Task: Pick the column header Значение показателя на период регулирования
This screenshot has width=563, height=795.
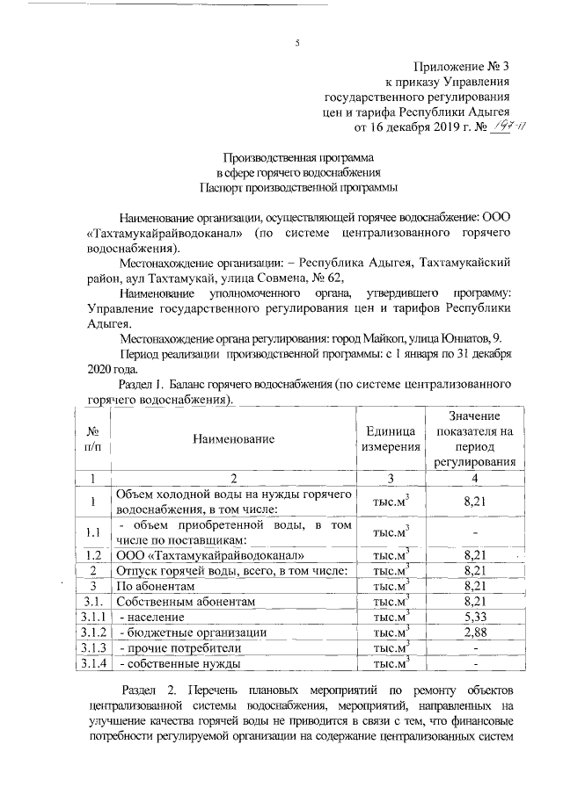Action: (x=474, y=438)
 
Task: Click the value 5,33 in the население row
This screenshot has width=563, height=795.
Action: (x=474, y=618)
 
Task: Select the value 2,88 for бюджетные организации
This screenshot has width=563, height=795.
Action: (x=474, y=632)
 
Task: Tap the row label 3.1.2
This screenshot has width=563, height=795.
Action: (x=92, y=632)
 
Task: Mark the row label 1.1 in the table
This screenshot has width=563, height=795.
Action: (x=92, y=532)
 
